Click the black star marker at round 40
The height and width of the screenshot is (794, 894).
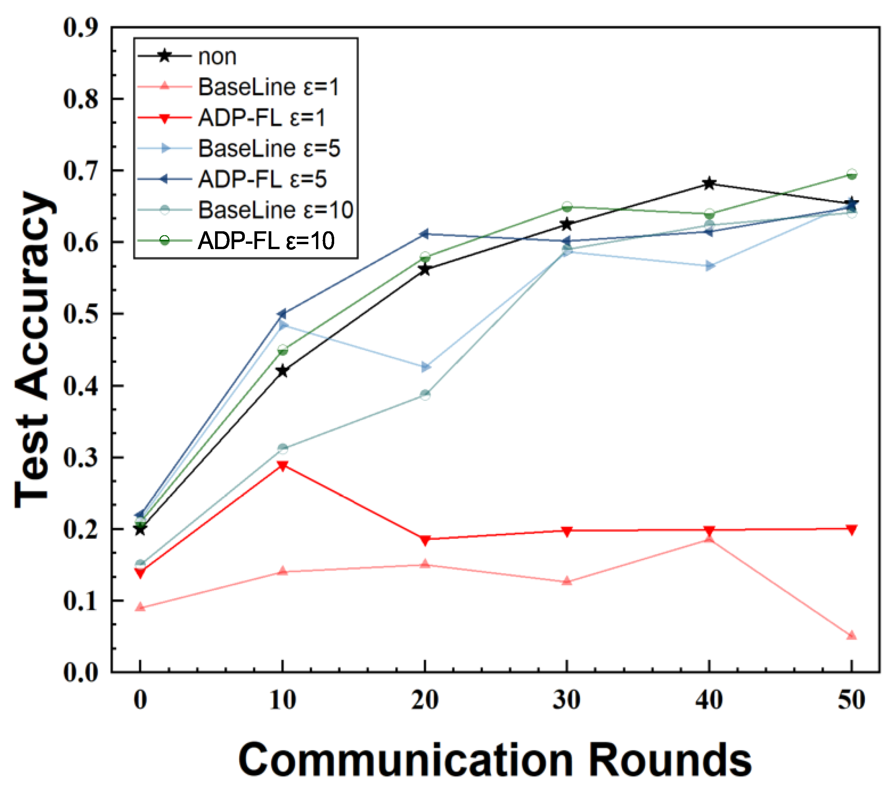pyautogui.click(x=709, y=184)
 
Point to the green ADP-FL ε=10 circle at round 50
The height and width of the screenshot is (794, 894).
pyautogui.click(x=851, y=174)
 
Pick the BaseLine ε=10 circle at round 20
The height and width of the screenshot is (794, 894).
pyautogui.click(x=425, y=394)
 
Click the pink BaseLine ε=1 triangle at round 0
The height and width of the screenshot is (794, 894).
pyautogui.click(x=140, y=607)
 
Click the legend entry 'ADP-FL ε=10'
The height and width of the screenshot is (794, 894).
pyautogui.click(x=266, y=241)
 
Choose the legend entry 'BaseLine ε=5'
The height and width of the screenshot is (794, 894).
pyautogui.click(x=269, y=148)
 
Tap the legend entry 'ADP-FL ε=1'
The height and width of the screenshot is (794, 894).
pyautogui.click(x=262, y=118)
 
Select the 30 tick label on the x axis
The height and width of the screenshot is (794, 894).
pyautogui.click(x=566, y=700)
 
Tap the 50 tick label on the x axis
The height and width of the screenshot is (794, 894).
pyautogui.click(x=851, y=700)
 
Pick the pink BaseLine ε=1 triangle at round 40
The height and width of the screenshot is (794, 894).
pyautogui.click(x=709, y=539)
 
